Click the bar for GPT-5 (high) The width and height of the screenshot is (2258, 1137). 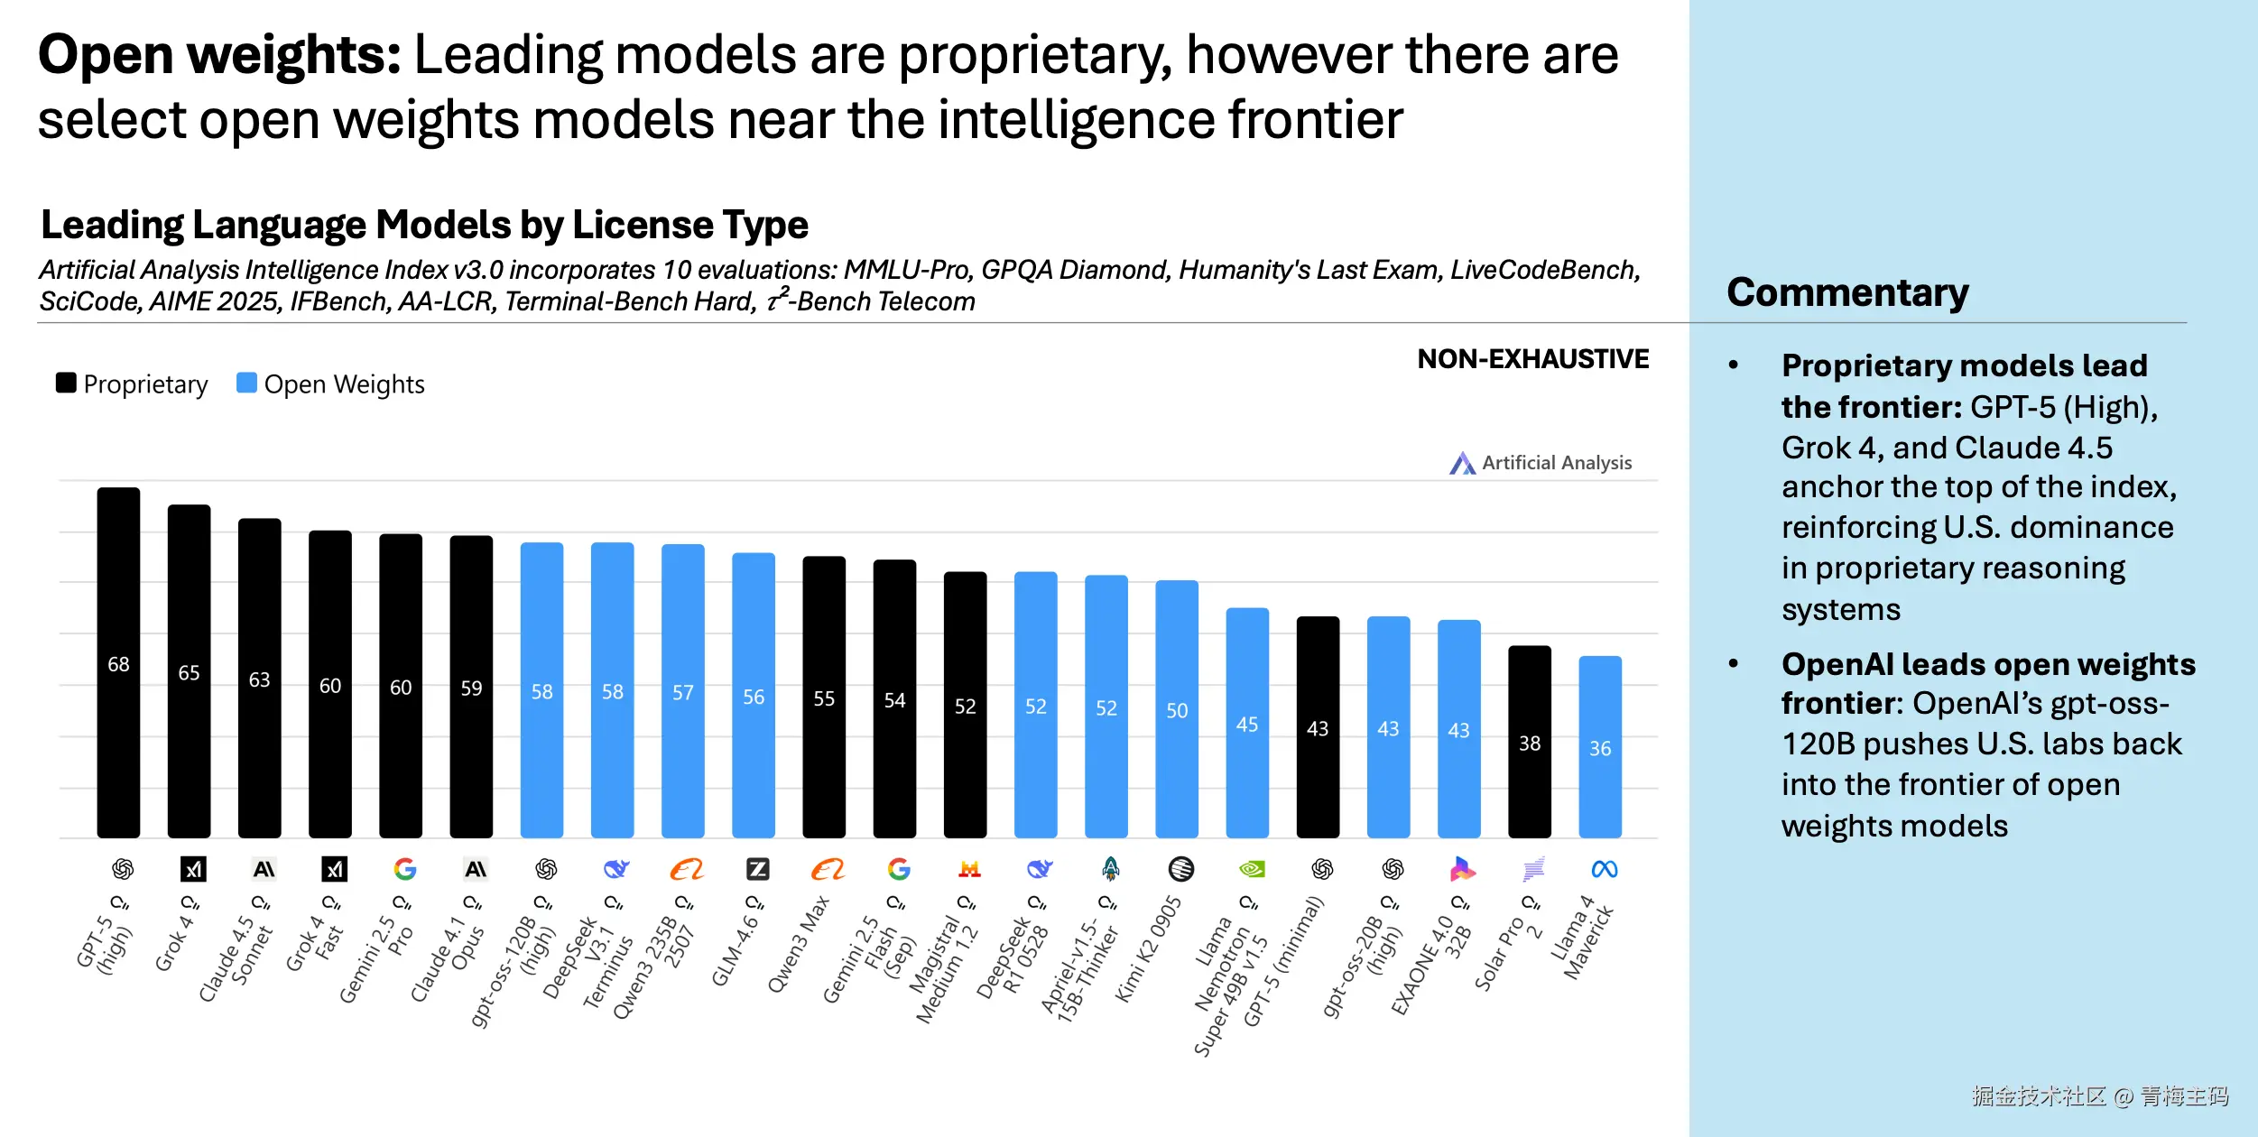118,663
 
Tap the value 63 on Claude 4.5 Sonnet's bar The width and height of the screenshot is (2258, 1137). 259,679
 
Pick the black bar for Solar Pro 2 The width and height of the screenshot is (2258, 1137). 1529,742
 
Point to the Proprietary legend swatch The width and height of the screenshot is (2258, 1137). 66,383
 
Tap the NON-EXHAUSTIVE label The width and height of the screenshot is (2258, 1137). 1532,359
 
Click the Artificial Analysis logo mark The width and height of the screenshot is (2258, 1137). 1462,463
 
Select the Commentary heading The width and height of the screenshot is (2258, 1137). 1846,292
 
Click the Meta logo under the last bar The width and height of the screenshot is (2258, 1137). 1604,869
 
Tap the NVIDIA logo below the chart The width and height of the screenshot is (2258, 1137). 1252,869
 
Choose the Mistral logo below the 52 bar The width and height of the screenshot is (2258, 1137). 969,869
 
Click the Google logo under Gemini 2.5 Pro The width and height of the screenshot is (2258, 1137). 405,869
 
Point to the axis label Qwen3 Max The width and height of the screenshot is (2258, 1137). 798,944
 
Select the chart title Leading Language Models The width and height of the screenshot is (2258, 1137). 424,225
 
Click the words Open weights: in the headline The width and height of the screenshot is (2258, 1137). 219,55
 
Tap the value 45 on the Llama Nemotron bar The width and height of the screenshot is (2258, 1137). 1246,725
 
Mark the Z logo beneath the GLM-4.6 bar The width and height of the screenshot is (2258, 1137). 757,869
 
